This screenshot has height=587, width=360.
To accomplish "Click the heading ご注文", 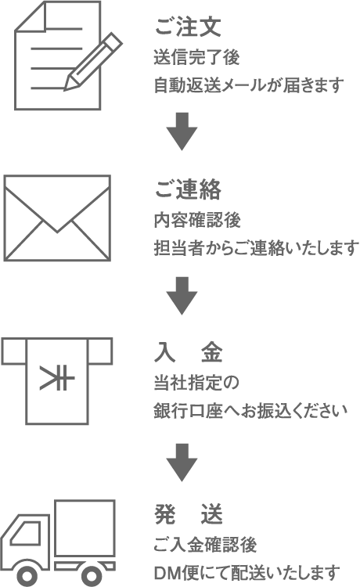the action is pos(188,27).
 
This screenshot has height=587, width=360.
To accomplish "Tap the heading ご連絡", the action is pos(188,189).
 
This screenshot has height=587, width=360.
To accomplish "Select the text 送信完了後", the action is pos(197,58).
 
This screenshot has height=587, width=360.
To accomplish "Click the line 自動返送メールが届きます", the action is pos(249,85).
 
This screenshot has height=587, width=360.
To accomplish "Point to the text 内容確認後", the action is pos(197,220).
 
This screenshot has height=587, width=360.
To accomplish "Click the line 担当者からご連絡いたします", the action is pos(257,248).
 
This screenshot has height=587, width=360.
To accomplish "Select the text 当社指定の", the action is pos(196,383).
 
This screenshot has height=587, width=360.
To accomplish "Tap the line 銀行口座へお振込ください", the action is pos(250,411).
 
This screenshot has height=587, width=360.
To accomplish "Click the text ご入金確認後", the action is pos(205,544).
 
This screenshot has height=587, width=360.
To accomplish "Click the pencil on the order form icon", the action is pos(94,61).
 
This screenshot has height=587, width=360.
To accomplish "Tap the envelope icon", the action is pos(57,218).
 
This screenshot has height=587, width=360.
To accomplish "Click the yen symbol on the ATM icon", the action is pos(57,378).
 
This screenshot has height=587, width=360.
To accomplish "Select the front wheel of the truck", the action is pos(26,575).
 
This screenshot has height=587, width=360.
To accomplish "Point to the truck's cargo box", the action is pos(85,528).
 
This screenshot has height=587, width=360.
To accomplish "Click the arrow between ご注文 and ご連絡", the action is pos(182,131).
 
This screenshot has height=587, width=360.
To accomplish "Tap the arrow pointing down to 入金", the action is pos(182,296).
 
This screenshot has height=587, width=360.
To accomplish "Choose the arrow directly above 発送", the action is pos(182,463).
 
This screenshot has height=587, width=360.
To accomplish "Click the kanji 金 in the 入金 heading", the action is pos(212,353).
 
